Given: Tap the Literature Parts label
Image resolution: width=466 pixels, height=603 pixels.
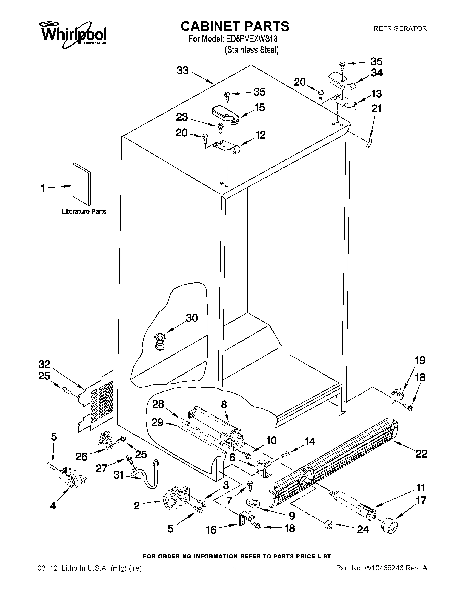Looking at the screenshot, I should click(x=84, y=212).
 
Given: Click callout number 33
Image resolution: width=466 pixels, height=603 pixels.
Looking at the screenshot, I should click(x=182, y=71).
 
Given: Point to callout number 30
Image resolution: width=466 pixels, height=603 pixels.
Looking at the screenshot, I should click(x=192, y=318).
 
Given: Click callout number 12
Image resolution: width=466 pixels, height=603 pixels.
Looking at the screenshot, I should click(x=260, y=135).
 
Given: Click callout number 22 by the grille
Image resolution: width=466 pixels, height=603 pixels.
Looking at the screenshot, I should click(x=421, y=453).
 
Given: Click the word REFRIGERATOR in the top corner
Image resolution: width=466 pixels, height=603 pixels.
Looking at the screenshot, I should click(x=400, y=28).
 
